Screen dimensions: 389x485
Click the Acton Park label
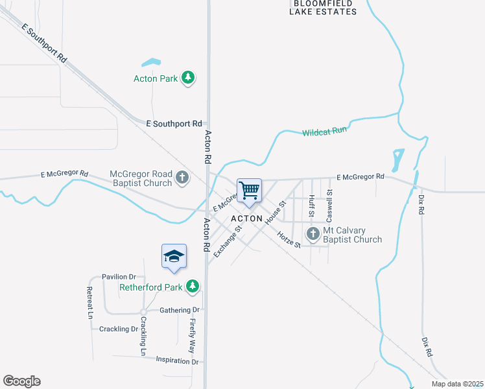pyautogui.click(x=155, y=78)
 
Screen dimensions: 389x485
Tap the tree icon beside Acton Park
pyautogui.click(x=188, y=78)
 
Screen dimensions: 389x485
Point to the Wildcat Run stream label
pyautogui.click(x=324, y=131)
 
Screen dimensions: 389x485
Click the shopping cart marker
pyautogui.click(x=249, y=190)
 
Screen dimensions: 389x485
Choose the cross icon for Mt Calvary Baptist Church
pyautogui.click(x=313, y=234)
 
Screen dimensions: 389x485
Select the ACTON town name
pyautogui.click(x=246, y=218)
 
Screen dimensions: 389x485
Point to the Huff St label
pyautogui.click(x=312, y=206)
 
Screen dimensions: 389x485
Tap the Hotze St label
pyautogui.click(x=289, y=240)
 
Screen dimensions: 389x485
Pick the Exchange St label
pyautogui.click(x=228, y=241)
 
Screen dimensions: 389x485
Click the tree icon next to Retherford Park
pyautogui.click(x=192, y=286)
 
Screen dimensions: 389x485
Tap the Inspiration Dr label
pyautogui.click(x=176, y=361)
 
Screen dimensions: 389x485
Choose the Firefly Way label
pyautogui.click(x=193, y=335)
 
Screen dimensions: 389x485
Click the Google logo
pyautogui.click(x=21, y=381)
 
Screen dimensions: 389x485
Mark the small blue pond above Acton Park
pyautogui.click(x=151, y=63)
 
